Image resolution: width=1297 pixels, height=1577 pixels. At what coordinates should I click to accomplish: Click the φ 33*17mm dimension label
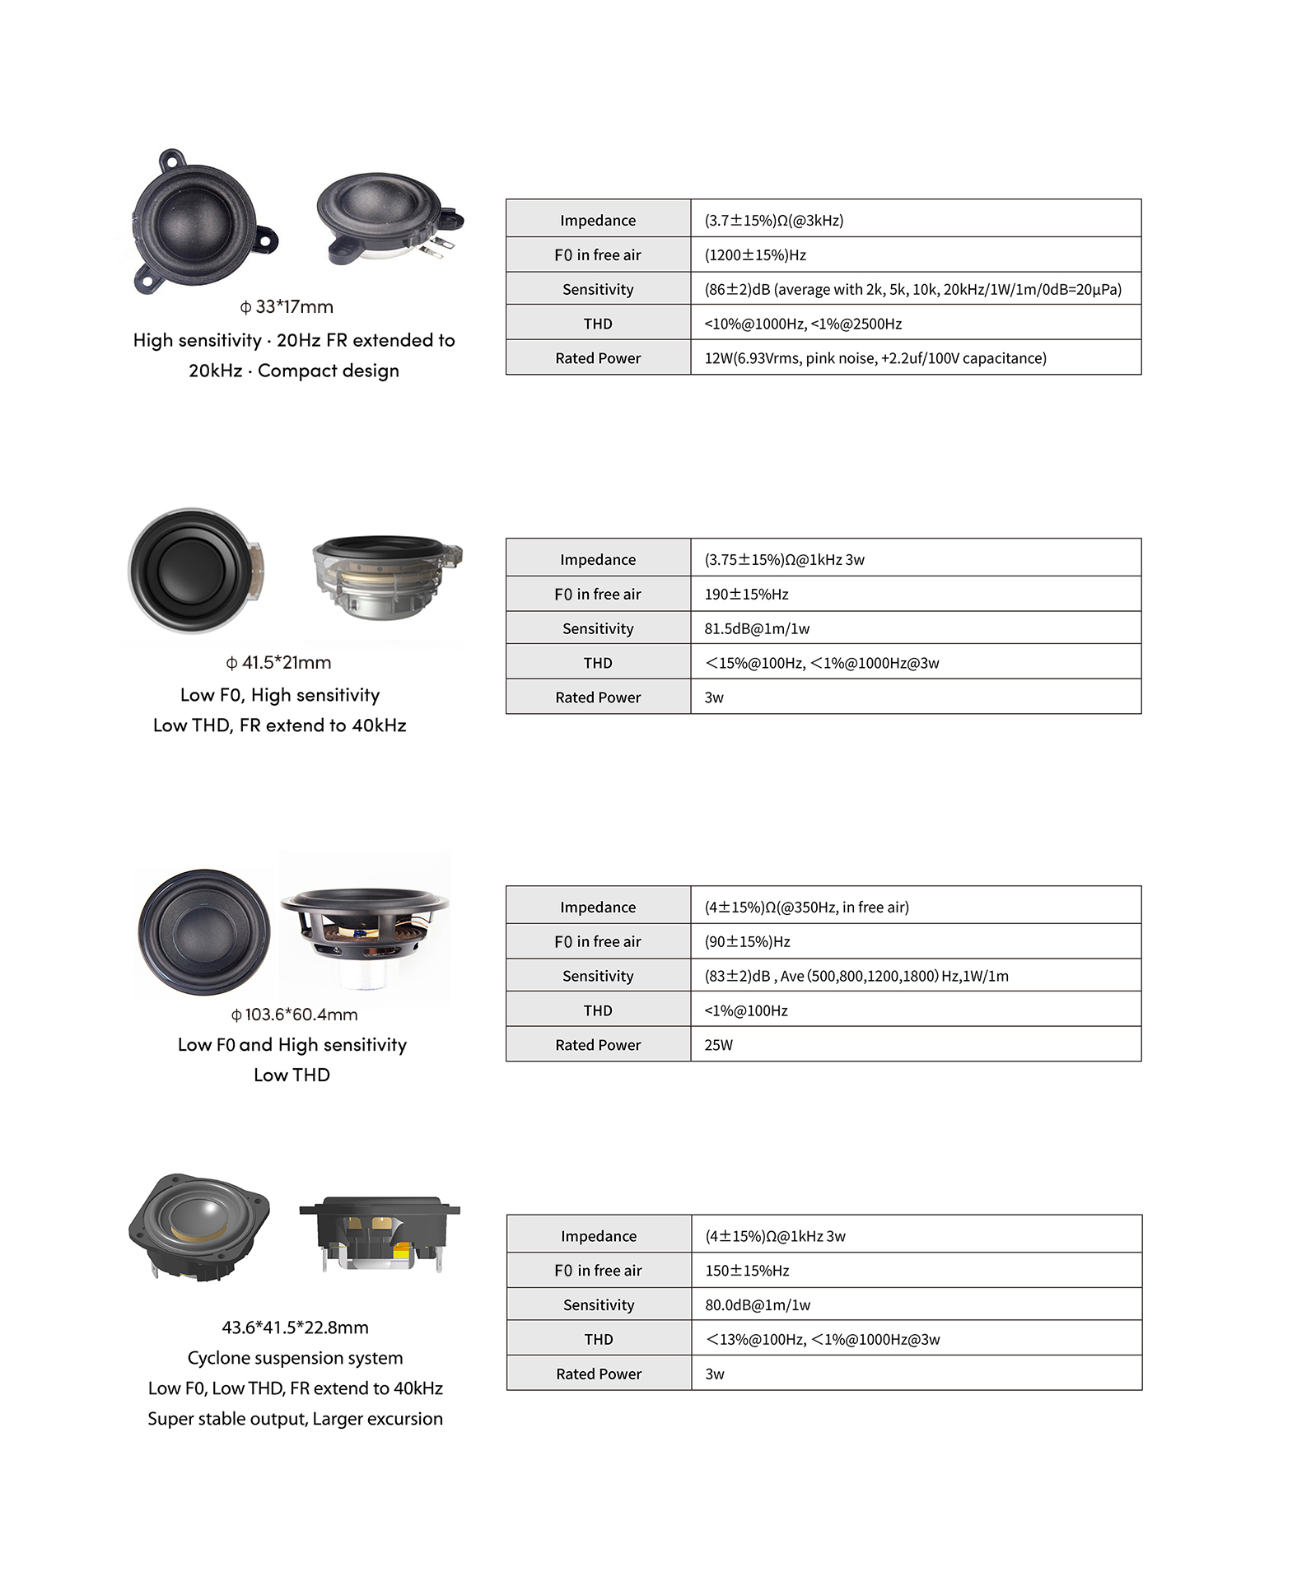[x=287, y=307]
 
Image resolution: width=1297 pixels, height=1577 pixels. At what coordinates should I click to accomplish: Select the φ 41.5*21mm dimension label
[x=278, y=663]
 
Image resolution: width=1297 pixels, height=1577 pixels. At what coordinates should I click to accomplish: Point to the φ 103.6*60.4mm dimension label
[x=294, y=1015]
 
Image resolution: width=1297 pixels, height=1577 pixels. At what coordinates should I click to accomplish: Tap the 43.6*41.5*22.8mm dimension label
[x=295, y=1327]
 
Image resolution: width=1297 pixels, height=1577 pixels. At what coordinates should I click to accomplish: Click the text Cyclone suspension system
[x=295, y=1358]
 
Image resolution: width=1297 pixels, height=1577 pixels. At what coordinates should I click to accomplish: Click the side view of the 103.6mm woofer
[x=365, y=926]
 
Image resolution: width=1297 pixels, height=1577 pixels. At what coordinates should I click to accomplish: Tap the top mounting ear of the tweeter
[x=172, y=159]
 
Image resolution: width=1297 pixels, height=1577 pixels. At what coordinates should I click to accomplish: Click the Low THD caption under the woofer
[x=292, y=1075]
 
